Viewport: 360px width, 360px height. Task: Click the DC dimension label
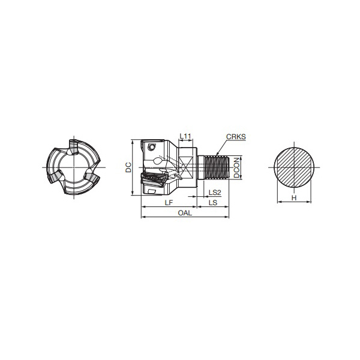128,167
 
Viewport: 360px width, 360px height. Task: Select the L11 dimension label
185,136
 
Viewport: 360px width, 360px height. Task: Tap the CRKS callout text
236,137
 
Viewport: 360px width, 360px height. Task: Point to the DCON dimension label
236,167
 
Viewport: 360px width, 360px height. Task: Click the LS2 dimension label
215,193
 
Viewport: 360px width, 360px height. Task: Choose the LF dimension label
169,203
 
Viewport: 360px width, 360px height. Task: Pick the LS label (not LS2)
213,203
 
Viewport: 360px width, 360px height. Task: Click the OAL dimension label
185,213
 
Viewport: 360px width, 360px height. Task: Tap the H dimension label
294,197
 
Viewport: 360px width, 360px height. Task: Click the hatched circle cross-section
294,167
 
